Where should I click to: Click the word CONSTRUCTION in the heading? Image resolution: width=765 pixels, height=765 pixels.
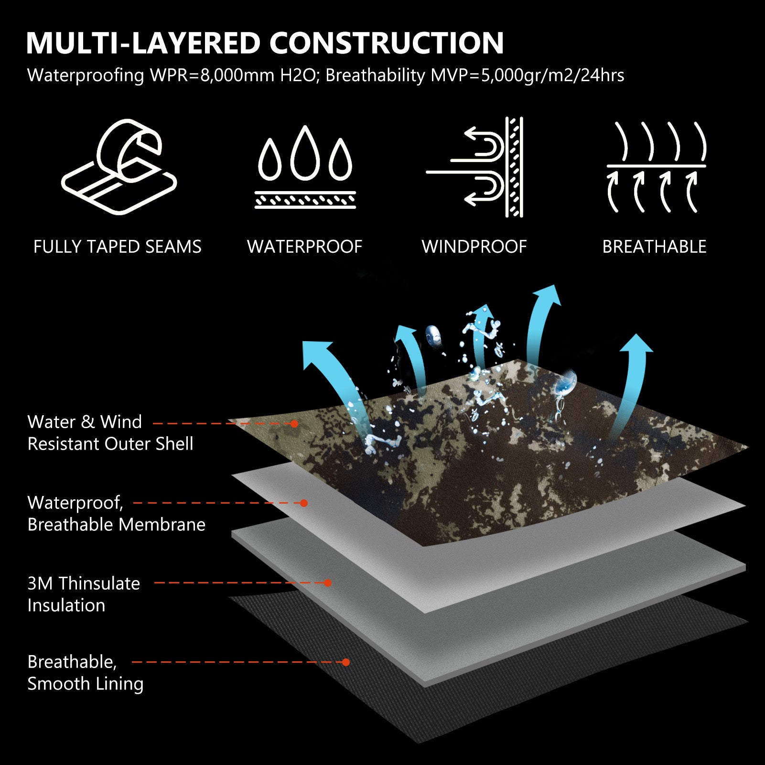tap(387, 43)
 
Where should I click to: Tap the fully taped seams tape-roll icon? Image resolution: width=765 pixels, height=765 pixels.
tap(119, 167)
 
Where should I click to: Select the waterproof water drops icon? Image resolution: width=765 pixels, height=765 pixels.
tap(305, 167)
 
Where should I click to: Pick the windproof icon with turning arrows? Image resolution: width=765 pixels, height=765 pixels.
tap(475, 167)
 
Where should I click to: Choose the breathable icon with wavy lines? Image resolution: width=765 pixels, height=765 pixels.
tap(656, 167)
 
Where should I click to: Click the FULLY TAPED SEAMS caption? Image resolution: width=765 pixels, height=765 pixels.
tap(118, 247)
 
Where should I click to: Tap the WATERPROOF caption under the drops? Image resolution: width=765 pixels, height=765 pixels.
tap(305, 247)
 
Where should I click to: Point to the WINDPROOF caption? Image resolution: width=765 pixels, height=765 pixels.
tap(474, 247)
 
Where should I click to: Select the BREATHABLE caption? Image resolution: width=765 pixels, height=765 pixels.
tap(654, 247)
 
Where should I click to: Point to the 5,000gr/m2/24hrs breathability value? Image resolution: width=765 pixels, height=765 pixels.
tap(552, 75)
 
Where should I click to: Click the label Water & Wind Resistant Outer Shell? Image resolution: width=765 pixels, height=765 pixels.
tap(110, 432)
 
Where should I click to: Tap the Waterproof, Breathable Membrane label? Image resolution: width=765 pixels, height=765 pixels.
tap(116, 513)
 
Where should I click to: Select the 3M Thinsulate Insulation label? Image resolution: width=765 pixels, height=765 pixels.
tap(84, 594)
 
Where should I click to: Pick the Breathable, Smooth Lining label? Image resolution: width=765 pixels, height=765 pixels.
tap(86, 672)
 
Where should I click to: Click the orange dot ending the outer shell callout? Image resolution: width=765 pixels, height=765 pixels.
tap(294, 424)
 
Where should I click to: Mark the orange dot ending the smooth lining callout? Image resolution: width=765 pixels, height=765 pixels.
tap(346, 662)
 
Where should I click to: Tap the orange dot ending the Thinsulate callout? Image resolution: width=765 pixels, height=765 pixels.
tap(328, 583)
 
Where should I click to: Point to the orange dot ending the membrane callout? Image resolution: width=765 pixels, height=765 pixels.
tap(304, 503)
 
